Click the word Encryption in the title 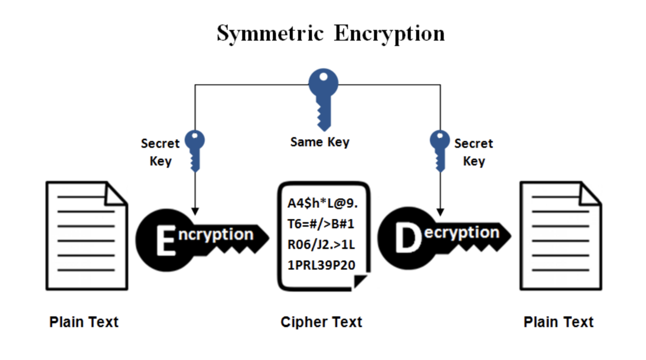pyautogui.click(x=389, y=34)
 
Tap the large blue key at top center pyautogui.click(x=323, y=97)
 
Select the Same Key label pyautogui.click(x=320, y=142)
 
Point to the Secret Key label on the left pyautogui.click(x=160, y=152)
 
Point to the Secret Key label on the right pyautogui.click(x=473, y=152)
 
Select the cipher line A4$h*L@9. pyautogui.click(x=323, y=204)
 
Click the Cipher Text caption pyautogui.click(x=321, y=322)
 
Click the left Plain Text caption pyautogui.click(x=84, y=322)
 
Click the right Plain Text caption pyautogui.click(x=558, y=322)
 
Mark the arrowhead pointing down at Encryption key pyautogui.click(x=195, y=211)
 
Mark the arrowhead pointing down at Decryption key pyautogui.click(x=440, y=212)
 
